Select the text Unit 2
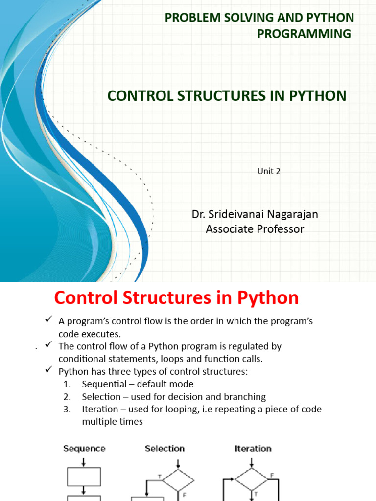tap(269, 171)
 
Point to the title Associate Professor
tap(255, 229)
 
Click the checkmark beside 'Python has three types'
tap(48, 371)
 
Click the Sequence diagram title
tap(84, 448)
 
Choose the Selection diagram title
tap(164, 448)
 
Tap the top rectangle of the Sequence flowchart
tap(84, 476)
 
